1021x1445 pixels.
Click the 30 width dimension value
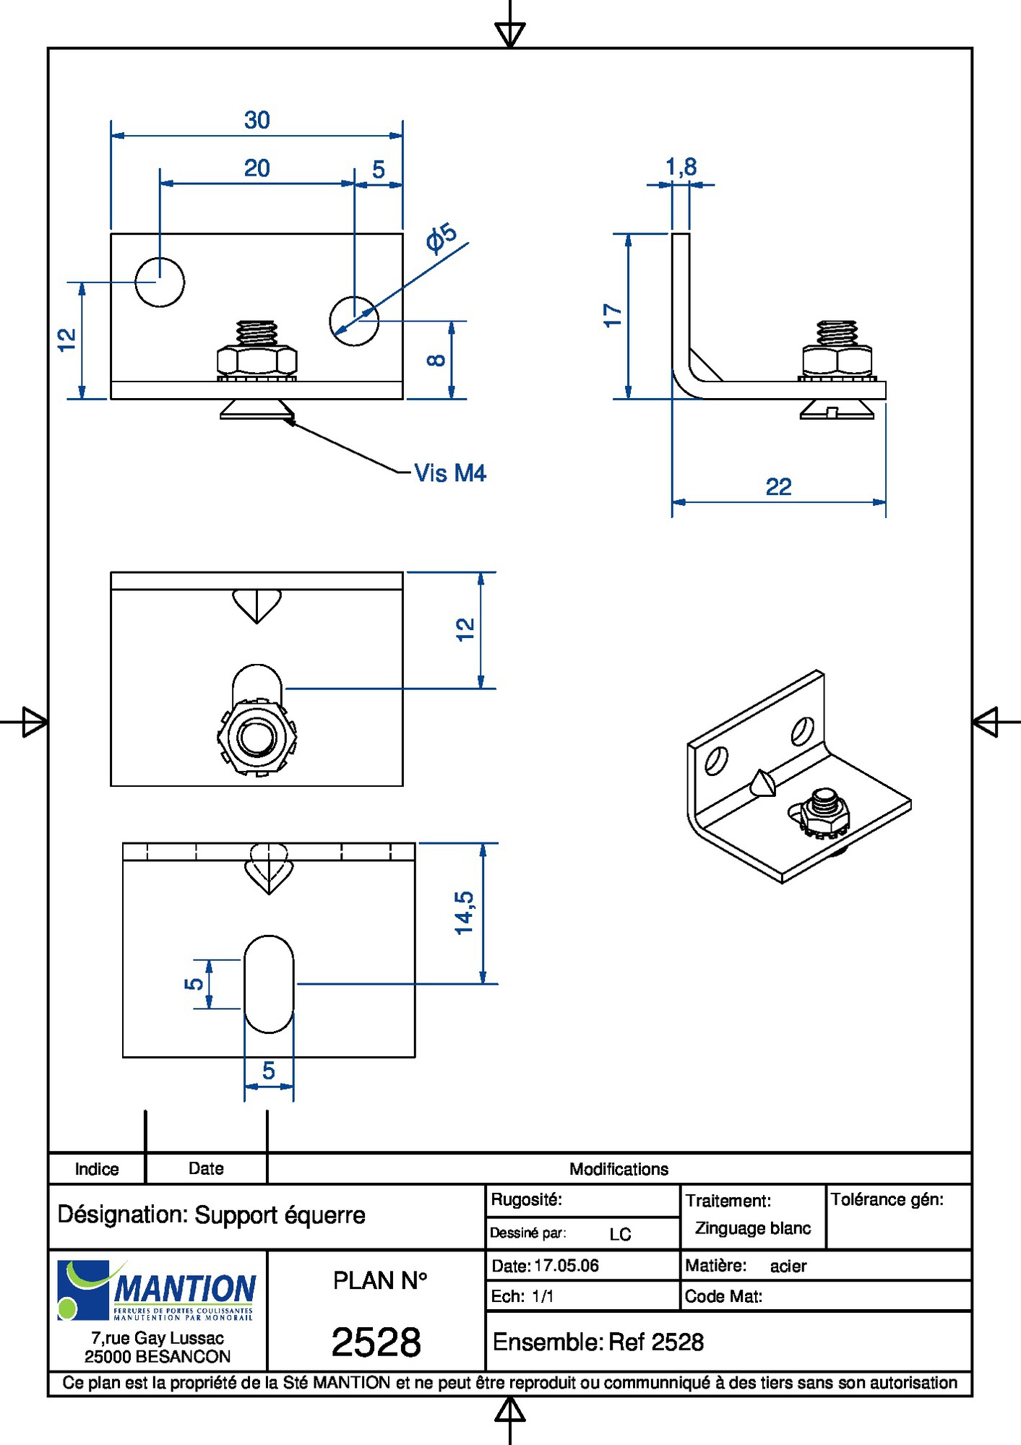coord(257,120)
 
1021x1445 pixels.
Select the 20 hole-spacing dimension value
coord(257,168)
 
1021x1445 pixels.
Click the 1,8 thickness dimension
coord(681,167)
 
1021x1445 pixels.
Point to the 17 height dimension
coord(613,316)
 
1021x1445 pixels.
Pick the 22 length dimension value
coord(778,487)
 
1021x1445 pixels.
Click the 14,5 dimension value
coord(465,913)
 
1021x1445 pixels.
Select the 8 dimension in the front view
coord(436,360)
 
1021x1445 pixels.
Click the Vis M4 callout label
coord(449,473)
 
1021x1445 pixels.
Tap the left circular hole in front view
coord(160,282)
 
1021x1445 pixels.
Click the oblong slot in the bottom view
coord(269,984)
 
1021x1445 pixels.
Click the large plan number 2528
coord(376,1342)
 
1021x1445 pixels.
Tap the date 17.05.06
coord(566,1266)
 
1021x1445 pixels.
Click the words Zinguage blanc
coord(753,1228)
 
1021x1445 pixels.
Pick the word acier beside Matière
coord(788,1266)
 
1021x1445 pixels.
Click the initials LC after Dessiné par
coord(620,1234)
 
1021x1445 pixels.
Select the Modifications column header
coord(619,1169)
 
